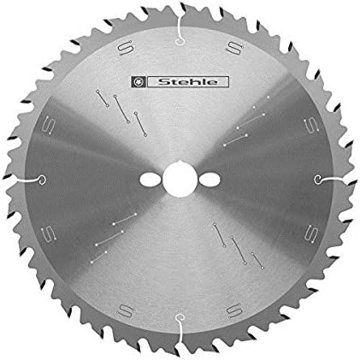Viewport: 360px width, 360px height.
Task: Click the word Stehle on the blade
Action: click(x=188, y=82)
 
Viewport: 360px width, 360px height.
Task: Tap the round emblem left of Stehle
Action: click(x=139, y=82)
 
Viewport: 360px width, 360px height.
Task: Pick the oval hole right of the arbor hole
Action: click(x=210, y=180)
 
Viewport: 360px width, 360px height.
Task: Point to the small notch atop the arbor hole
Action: click(x=179, y=162)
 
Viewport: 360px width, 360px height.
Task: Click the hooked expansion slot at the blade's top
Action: click(x=180, y=29)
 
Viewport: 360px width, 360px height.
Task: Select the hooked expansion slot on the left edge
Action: click(x=28, y=180)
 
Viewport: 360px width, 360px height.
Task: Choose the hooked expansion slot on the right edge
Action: click(x=332, y=180)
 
